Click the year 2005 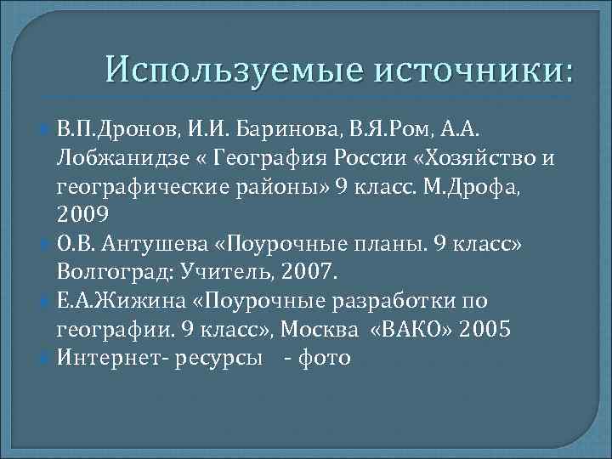tap(484, 330)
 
